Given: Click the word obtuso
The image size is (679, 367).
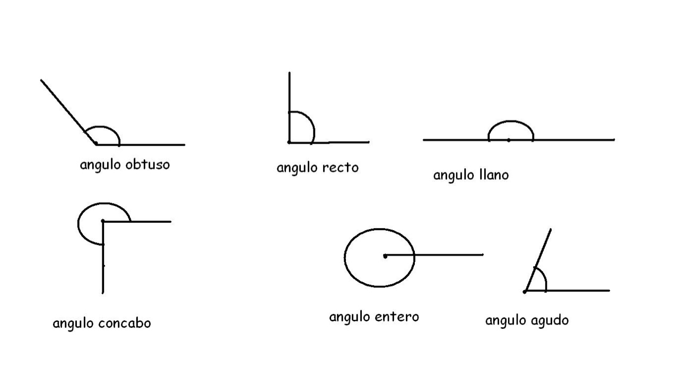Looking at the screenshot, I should tap(147, 164).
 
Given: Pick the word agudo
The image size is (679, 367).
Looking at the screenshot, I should tap(549, 320).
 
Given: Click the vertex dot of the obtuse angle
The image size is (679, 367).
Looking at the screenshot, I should tap(95, 143).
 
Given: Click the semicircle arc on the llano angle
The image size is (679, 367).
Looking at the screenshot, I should tap(510, 123).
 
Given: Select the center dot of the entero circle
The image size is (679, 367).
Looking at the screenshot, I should tap(385, 256).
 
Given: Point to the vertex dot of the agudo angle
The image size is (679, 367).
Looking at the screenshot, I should tap(525, 291).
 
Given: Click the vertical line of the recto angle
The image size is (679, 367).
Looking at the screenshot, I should tap(289, 95).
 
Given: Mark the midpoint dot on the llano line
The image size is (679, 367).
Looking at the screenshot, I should tap(508, 140).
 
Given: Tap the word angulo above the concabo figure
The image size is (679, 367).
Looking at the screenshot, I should tap(100, 164).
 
